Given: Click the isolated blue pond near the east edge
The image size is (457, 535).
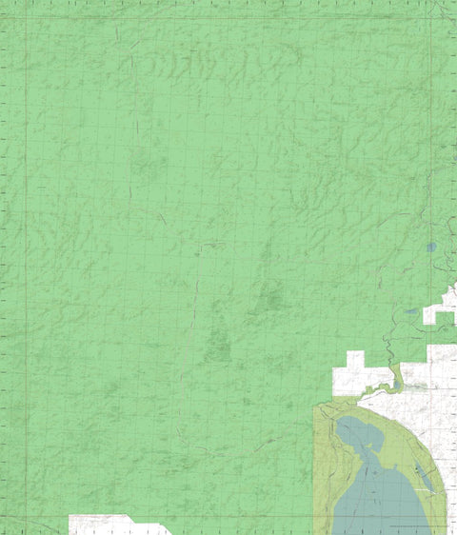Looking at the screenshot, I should coord(430,247).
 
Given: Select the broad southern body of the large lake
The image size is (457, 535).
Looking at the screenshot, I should coord(381,500).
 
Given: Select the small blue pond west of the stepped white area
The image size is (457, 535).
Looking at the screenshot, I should coord(409,311).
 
